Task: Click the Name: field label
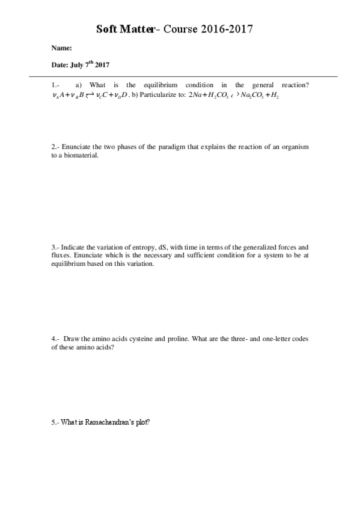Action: pyautogui.click(x=62, y=48)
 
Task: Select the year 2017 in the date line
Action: pyautogui.click(x=100, y=64)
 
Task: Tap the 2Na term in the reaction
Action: pyautogui.click(x=197, y=95)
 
